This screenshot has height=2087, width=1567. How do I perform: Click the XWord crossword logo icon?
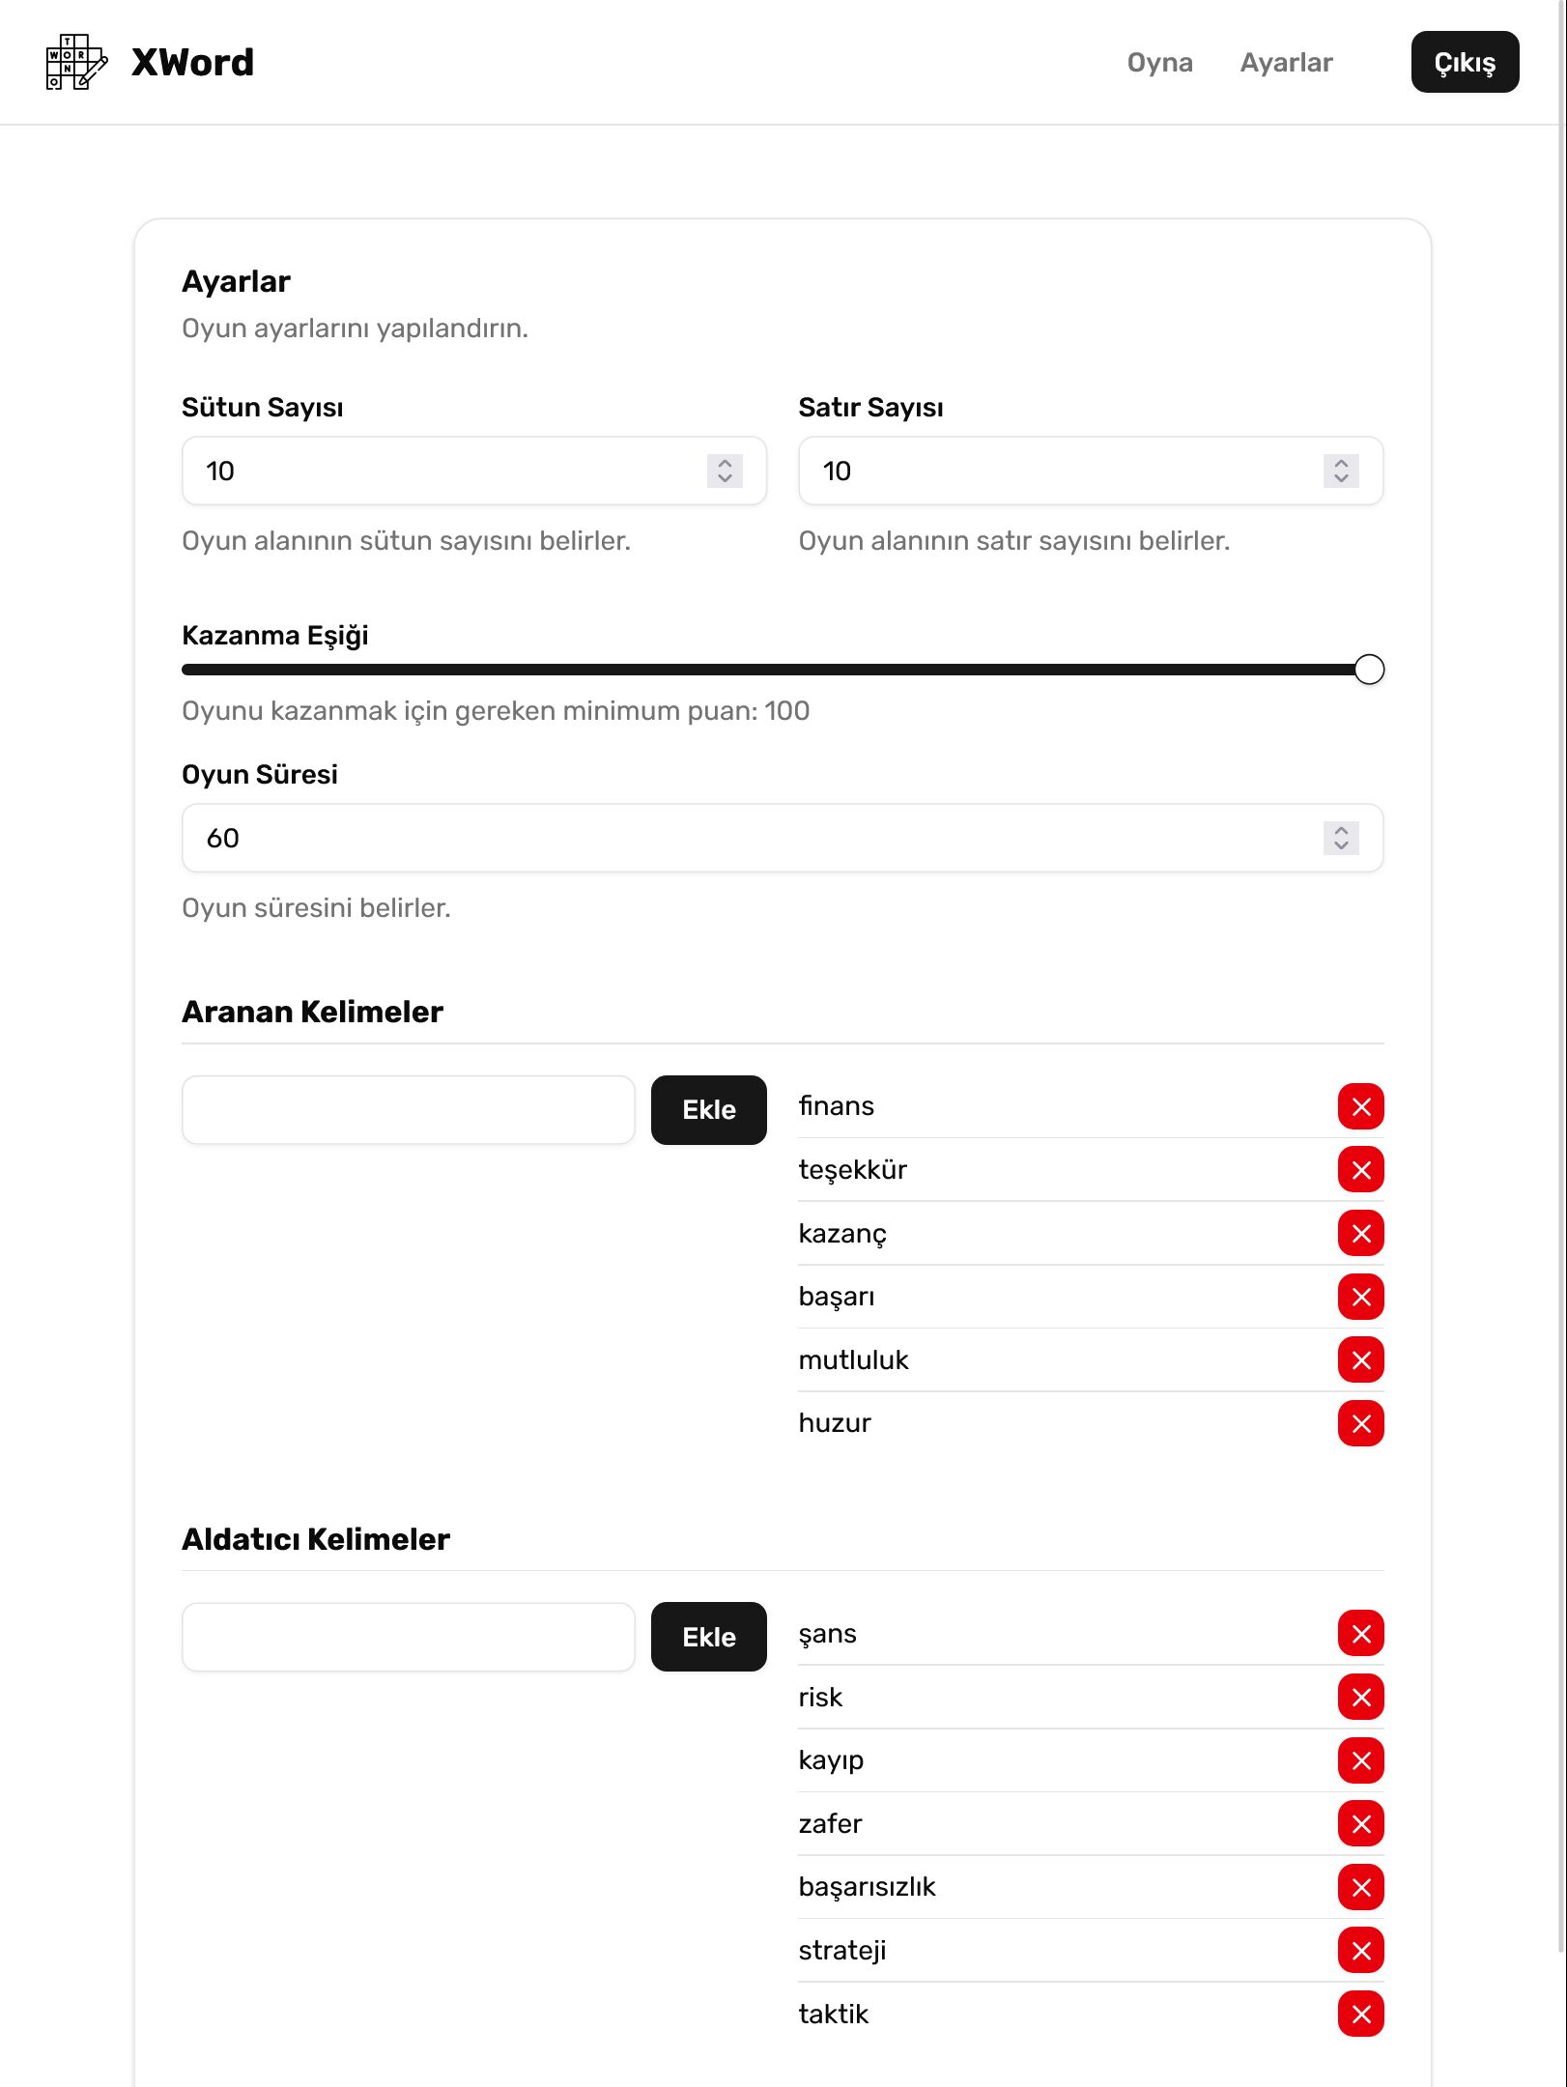point(76,62)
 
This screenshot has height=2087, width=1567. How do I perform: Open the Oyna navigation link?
point(1159,63)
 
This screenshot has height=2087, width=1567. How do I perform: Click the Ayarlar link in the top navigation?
point(1286,63)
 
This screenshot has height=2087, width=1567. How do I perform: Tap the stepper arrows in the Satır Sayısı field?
point(1341,472)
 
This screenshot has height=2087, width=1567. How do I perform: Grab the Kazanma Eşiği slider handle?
point(1369,670)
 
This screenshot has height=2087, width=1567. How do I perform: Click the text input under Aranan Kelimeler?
point(408,1110)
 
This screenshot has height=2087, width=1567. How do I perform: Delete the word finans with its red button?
point(1360,1107)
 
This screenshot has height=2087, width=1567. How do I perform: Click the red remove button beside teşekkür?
point(1360,1170)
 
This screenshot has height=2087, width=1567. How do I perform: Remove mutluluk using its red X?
point(1360,1360)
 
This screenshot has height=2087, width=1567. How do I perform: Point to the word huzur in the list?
point(835,1423)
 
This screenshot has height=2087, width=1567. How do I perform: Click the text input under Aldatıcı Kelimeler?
point(408,1638)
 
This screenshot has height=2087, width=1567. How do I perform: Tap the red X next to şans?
point(1360,1634)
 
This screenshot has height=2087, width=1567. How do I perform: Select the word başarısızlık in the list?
point(867,1887)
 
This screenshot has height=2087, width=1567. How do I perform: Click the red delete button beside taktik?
point(1360,2015)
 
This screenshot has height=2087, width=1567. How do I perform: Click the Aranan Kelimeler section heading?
point(312,1012)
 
